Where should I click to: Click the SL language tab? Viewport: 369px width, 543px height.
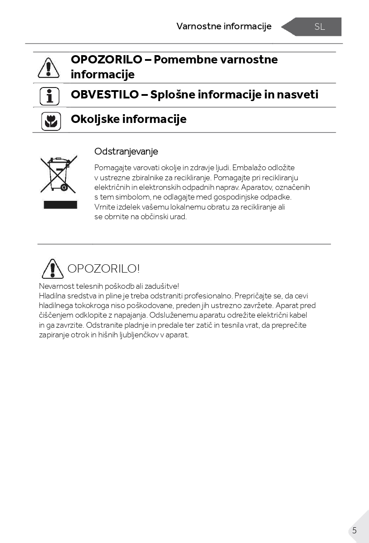319,27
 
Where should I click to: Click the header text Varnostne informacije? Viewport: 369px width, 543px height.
224,26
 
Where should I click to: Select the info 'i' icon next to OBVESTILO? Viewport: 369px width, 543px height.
49,96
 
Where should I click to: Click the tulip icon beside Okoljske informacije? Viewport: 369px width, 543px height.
51,121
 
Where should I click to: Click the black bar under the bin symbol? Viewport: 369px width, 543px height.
60,205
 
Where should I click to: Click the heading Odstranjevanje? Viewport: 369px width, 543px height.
126,151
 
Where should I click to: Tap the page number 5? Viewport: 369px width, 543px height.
354,530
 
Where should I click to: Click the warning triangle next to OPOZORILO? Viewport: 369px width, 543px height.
52,269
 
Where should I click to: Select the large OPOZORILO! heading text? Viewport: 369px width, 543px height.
103,269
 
